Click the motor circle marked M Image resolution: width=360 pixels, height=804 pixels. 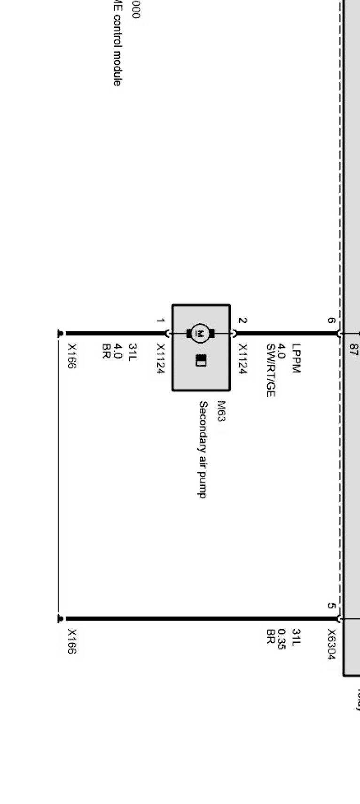[x=201, y=333]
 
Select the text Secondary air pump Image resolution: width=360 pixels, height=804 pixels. [x=203, y=449]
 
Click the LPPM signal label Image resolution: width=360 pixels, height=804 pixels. [x=296, y=358]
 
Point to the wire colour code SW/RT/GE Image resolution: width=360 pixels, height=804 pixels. [x=270, y=371]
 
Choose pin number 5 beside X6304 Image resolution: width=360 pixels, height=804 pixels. [x=331, y=606]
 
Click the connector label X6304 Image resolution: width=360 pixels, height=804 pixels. [x=331, y=644]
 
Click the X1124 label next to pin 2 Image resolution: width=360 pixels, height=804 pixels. [x=243, y=359]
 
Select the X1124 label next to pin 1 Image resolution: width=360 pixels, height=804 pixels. [x=160, y=359]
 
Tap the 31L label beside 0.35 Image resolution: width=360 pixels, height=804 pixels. [x=296, y=636]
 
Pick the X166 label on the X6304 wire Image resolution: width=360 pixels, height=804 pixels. [x=71, y=641]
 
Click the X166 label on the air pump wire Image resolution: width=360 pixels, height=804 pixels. [x=71, y=356]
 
